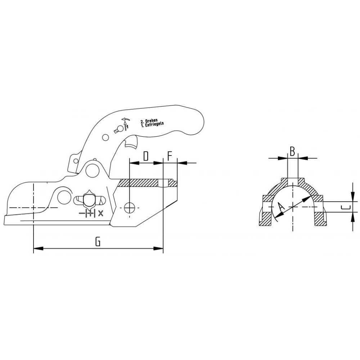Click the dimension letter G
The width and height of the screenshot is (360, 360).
(98, 242)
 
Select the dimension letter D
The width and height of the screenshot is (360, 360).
(146, 156)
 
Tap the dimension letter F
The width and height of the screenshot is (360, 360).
(170, 156)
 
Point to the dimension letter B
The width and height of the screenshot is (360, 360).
(292, 152)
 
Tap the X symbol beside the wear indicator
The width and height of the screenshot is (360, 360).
(100, 213)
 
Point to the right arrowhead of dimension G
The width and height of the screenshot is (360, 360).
(158, 248)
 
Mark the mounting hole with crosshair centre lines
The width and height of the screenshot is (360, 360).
(130, 208)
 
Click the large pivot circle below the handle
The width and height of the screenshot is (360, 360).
(92, 171)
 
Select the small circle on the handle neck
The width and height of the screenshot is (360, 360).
(105, 137)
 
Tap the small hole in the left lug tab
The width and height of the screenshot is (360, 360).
(76, 161)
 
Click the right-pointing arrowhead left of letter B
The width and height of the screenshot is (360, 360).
(283, 158)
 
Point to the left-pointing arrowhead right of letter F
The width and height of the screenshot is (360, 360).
(182, 163)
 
